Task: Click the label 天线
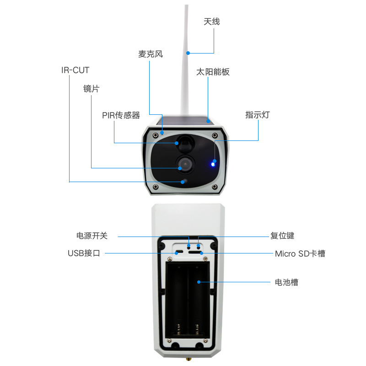(212, 22)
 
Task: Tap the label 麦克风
(151, 54)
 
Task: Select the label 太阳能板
(213, 72)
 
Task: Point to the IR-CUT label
(75, 70)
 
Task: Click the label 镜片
(91, 89)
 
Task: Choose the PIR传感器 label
(121, 115)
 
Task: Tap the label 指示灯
(258, 115)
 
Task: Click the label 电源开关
(92, 236)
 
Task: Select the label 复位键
(282, 236)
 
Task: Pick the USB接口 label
(84, 253)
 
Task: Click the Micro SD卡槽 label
(300, 253)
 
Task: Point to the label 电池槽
(286, 282)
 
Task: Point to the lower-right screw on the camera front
(214, 187)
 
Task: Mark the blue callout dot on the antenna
(188, 53)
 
